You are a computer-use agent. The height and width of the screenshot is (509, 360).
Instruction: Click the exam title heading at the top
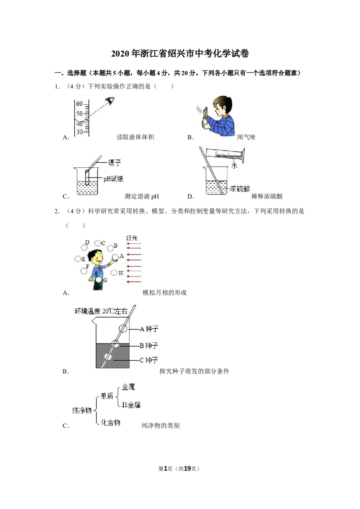point(180,53)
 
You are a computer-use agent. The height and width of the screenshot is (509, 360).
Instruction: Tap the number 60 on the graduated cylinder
point(79,104)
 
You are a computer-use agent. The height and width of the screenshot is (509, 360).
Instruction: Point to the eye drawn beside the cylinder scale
point(110,101)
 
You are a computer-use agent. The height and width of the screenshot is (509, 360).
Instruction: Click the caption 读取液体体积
point(135,137)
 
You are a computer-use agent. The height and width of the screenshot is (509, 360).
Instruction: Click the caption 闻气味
point(246,137)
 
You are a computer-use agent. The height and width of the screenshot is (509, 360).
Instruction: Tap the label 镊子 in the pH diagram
point(114,162)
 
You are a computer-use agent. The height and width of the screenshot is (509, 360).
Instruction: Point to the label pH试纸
point(113,179)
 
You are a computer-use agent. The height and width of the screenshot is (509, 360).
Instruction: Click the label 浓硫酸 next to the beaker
point(240,188)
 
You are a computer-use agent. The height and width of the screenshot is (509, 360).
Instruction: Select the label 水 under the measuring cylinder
point(234,165)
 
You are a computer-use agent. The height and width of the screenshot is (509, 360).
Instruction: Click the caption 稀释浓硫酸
point(267,196)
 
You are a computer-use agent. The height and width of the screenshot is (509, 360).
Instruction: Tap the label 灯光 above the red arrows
point(131,238)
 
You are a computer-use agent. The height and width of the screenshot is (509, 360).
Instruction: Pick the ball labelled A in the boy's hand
point(115,257)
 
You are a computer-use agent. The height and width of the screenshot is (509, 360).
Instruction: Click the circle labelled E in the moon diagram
point(78,259)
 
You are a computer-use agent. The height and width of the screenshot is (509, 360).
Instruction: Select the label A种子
point(149,329)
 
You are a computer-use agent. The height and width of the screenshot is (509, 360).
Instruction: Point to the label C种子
point(149,360)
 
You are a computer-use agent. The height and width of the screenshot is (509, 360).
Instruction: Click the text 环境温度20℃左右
point(101,311)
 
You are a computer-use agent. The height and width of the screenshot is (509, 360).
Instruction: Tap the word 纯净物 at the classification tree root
point(82,411)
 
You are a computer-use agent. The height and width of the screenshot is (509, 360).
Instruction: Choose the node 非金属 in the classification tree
point(131,405)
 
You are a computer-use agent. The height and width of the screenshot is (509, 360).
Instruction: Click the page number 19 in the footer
point(187,469)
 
